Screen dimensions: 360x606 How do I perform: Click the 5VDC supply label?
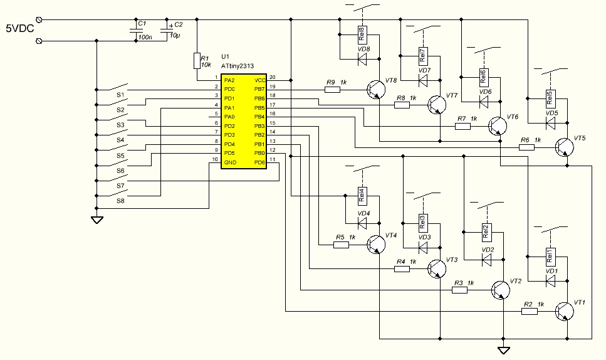[18, 28]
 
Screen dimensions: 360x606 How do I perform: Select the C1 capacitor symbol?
[136, 30]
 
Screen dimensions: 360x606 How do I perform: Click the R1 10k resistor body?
[197, 60]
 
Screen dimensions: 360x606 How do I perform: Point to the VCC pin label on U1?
[260, 80]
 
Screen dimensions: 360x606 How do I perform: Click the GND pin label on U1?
[230, 162]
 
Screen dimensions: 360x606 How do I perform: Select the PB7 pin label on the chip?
[260, 90]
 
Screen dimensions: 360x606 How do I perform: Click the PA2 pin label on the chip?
[229, 80]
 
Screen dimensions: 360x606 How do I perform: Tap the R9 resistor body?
[332, 90]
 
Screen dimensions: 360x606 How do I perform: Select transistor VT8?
[375, 90]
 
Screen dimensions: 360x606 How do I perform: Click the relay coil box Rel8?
[362, 33]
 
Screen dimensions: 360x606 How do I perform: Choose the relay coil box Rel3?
[423, 221]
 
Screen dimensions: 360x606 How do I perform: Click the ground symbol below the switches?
[97, 220]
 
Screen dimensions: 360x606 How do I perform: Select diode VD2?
[486, 258]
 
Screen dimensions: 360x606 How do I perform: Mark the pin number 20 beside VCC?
[272, 77]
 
